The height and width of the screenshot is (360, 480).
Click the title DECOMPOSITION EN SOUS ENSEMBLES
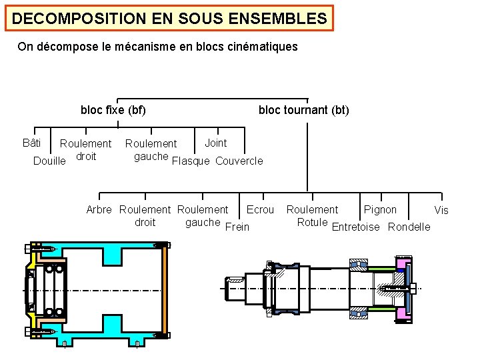click(x=169, y=18)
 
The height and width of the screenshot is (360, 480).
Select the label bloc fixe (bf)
click(x=113, y=110)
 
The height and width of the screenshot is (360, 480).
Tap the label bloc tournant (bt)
click(x=303, y=110)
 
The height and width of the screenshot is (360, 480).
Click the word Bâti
click(x=31, y=143)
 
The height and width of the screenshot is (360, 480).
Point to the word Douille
click(x=49, y=161)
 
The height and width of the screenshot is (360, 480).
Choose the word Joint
click(x=215, y=143)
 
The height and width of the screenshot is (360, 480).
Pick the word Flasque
click(x=191, y=161)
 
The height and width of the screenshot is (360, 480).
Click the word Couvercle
click(x=239, y=161)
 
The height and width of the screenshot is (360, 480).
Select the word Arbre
click(x=99, y=210)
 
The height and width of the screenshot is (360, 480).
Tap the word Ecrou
click(x=260, y=210)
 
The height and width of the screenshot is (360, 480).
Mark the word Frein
click(x=237, y=227)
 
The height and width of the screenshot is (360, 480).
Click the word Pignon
click(x=380, y=210)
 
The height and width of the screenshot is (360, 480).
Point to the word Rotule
click(x=312, y=222)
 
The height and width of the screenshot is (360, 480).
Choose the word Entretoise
click(x=355, y=227)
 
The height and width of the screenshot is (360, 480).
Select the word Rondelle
click(x=409, y=227)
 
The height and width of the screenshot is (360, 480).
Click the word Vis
click(x=441, y=211)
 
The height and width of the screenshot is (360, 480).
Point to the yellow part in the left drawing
click(x=31, y=273)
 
